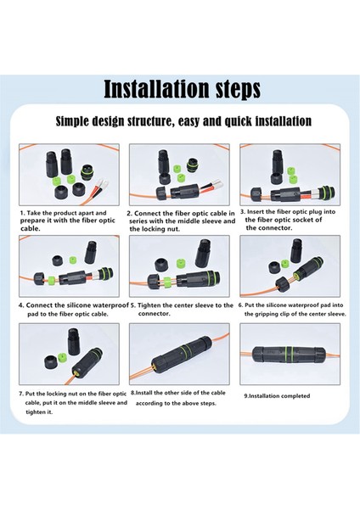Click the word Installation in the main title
click(x=156, y=89)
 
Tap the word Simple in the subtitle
click(x=72, y=121)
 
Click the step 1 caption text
click(x=68, y=221)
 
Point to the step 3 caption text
click(x=288, y=220)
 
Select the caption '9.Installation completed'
click(x=277, y=396)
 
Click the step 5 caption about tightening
click(x=182, y=310)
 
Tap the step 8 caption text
click(x=178, y=398)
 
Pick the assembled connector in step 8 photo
click(x=182, y=355)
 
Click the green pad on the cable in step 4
click(x=51, y=280)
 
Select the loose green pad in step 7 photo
click(x=62, y=358)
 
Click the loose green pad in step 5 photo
click(x=181, y=263)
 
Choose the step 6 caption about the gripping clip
click(x=292, y=310)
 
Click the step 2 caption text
click(x=182, y=221)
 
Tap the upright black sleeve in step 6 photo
click(x=296, y=250)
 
